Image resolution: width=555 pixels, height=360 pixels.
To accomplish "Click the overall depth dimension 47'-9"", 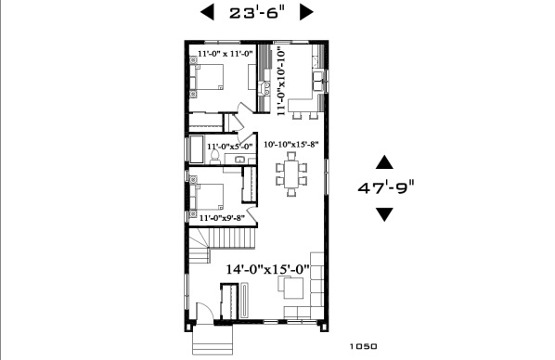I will (x=385, y=186).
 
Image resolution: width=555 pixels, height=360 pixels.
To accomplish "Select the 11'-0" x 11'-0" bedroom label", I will (x=226, y=55).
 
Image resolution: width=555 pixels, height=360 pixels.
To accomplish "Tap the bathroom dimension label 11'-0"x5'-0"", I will (x=230, y=146).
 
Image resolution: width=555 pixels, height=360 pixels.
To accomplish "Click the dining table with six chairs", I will (x=292, y=175).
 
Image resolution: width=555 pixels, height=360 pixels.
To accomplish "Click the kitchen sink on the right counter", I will (x=318, y=78).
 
